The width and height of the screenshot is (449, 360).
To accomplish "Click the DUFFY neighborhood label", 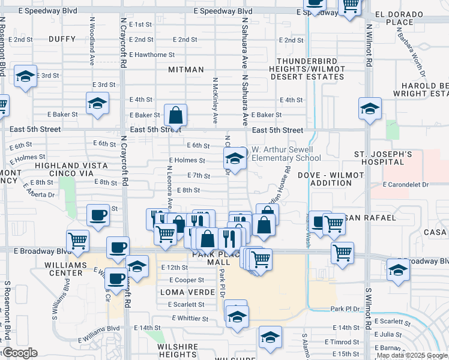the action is (x=62, y=40).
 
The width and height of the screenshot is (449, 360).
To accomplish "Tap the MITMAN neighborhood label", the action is (x=186, y=70).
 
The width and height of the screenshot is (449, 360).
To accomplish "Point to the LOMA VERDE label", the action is (x=187, y=292).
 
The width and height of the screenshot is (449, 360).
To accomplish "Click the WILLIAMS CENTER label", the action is (x=67, y=268).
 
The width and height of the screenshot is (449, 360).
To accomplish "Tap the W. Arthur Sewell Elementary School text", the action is (x=286, y=154).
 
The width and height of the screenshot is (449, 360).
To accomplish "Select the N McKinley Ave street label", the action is (x=214, y=101).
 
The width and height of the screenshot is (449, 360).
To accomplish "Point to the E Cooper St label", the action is (x=187, y=280).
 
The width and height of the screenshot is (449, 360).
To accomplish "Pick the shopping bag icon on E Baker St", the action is (x=175, y=115).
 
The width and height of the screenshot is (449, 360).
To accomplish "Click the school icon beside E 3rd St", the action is (x=25, y=77).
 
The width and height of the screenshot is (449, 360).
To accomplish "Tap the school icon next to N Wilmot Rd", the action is (x=370, y=110).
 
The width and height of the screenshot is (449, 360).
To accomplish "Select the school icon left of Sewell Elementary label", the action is (x=235, y=160).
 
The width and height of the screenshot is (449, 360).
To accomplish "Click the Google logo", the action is (x=20, y=353).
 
